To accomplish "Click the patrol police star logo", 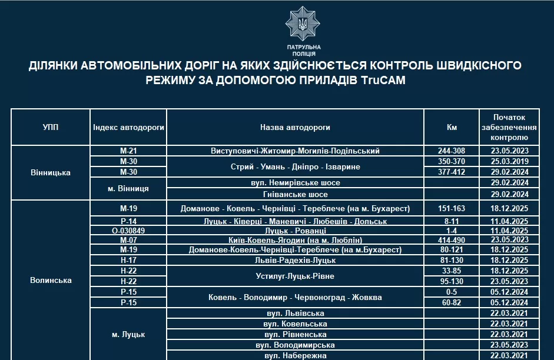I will pyautogui.click(x=303, y=24).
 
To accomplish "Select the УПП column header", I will pyautogui.click(x=51, y=127).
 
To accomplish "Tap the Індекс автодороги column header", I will pyautogui.click(x=128, y=127).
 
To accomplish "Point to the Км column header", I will pyautogui.click(x=452, y=127).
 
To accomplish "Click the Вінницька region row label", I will pyautogui.click(x=51, y=172).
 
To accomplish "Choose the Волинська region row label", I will pyautogui.click(x=51, y=280).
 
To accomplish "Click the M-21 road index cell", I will pyautogui.click(x=128, y=151).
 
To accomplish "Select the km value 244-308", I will pyautogui.click(x=452, y=151).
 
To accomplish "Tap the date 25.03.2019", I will pyautogui.click(x=509, y=161).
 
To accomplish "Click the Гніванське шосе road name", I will pyautogui.click(x=295, y=194).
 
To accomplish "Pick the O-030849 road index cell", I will pyautogui.click(x=128, y=231).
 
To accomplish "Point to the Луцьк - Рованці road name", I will pyautogui.click(x=295, y=231).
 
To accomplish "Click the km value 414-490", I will pyautogui.click(x=452, y=240).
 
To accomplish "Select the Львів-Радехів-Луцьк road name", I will pyautogui.click(x=295, y=260).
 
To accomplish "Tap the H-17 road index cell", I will pyautogui.click(x=128, y=260).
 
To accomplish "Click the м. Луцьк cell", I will pyautogui.click(x=128, y=334).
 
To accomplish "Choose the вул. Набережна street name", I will pyautogui.click(x=295, y=355).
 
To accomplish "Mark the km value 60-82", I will pyautogui.click(x=452, y=302).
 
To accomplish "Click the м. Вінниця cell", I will pyautogui.click(x=128, y=189).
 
